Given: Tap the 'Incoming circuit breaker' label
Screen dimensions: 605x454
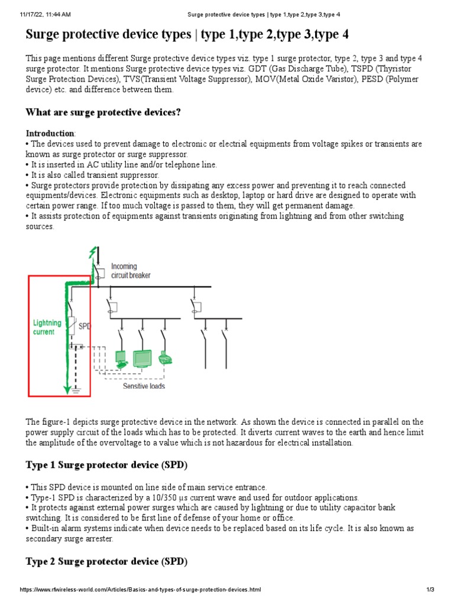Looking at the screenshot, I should pos(131,271).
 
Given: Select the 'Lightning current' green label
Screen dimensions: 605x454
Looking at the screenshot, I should pos(47,327).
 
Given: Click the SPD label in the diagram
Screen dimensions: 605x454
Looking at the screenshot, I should pos(85,326).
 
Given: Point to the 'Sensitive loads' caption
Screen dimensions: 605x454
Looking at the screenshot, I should pos(144,386).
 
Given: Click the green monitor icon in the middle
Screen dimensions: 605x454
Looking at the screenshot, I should pos(142,357).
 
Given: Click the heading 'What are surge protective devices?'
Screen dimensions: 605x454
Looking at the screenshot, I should pos(103,112).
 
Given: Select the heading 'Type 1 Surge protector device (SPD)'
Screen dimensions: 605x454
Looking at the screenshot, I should pos(106,465).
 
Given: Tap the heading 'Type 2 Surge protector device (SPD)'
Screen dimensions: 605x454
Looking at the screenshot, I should pos(106,562).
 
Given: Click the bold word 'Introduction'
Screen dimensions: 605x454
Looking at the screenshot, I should pos(50,134).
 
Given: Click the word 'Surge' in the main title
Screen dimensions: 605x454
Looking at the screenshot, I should pos(45,35).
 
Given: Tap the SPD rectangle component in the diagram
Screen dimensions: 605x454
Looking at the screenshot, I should pos(73,324).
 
